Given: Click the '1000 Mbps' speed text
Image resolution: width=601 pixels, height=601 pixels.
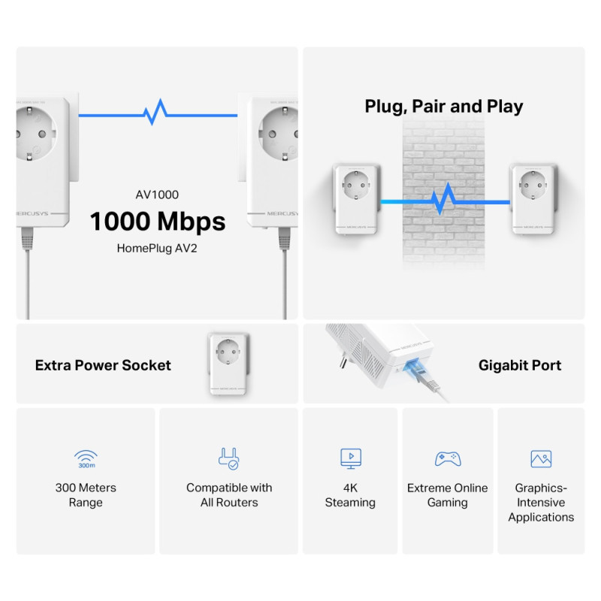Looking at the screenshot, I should click(158, 222).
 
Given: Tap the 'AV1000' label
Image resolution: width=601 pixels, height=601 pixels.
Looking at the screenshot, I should click(157, 195).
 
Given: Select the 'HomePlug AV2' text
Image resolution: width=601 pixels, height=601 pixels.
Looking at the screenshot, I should click(158, 248).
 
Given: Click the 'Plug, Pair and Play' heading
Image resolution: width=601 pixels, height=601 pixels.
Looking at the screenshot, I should click(443, 107).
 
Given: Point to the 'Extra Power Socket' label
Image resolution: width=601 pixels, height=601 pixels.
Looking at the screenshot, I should click(103, 366).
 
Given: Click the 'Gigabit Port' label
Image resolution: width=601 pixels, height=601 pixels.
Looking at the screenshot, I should click(520, 366).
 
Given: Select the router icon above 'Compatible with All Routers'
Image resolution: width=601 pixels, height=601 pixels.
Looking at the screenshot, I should click(228, 458).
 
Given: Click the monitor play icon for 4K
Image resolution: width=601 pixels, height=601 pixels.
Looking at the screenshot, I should click(350, 458).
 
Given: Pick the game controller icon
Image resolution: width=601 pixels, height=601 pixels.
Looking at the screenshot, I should click(448, 458).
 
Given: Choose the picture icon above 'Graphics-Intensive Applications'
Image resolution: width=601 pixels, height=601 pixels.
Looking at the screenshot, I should click(541, 458).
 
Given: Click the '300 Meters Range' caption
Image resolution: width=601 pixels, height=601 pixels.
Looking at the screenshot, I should click(86, 495).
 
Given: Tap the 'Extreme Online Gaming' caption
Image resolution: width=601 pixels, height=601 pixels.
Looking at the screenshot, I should click(448, 495).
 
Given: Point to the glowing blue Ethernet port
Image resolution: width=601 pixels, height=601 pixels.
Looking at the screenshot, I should click(412, 367).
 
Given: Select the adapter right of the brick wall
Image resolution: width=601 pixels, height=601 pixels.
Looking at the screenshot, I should click(535, 198).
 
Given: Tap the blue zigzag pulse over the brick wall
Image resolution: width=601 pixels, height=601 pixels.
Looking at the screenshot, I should click(444, 201).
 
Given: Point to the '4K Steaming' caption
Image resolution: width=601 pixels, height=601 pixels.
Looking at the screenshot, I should click(350, 495).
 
